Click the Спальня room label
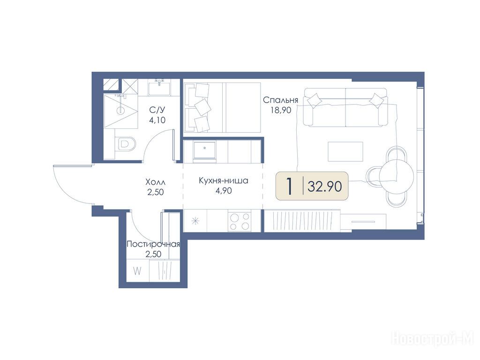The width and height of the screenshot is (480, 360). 280,100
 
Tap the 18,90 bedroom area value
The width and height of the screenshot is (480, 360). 280,110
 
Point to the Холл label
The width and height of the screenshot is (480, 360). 155,182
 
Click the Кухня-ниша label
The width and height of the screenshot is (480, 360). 224,180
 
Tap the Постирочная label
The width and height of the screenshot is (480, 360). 153,244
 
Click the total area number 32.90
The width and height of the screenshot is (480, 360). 324,186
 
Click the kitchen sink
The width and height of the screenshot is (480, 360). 204,150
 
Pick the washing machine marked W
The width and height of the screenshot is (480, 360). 138,271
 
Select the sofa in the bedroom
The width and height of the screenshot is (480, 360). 345,107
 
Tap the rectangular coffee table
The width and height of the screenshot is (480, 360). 345,151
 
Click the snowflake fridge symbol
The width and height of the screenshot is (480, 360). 195,221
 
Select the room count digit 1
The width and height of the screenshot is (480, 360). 289,186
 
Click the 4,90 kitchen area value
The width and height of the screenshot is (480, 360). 224,191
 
